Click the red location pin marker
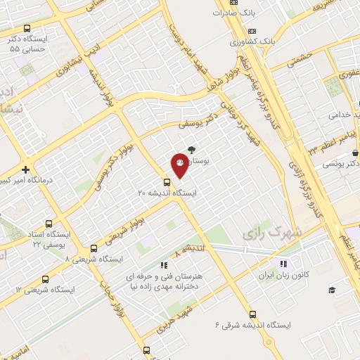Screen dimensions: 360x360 (x=179, y=165)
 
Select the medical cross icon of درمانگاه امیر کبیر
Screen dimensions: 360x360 (x=26, y=169)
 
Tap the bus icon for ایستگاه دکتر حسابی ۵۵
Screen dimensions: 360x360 (x=27, y=29)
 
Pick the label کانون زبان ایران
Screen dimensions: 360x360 (x=283, y=276)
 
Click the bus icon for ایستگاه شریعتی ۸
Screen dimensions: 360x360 (x=94, y=248)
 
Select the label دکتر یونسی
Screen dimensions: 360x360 (x=341, y=163)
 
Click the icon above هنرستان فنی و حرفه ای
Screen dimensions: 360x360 (x=163, y=265)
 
